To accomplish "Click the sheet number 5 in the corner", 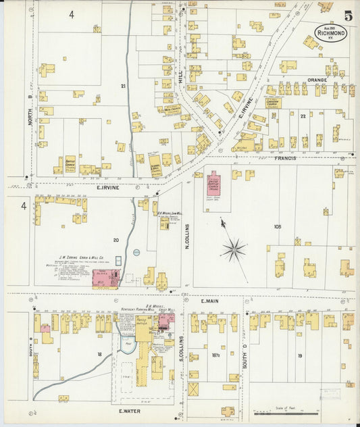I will click(347, 16).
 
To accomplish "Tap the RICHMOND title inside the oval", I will click(332, 32).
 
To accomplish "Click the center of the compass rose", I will click(234, 250).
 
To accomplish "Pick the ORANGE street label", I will click(317, 80).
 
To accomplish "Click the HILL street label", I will click(181, 79).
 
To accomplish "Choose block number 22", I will click(303, 116).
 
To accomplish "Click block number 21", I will click(124, 86).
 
